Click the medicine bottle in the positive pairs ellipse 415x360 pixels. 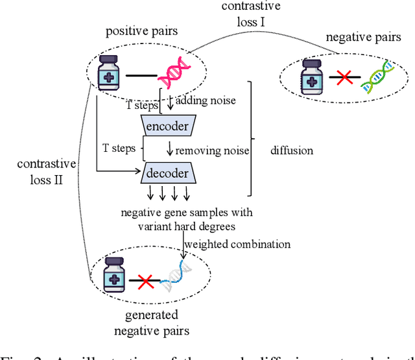pos(108,73)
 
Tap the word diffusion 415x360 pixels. pos(292,150)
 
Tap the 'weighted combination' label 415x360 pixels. pos(237,244)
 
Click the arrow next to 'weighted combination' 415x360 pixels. pos(181,250)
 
